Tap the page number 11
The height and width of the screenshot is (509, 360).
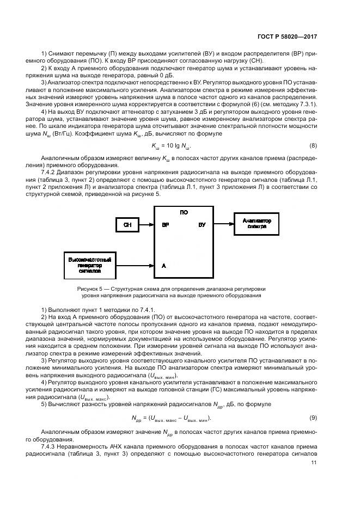[313, 463]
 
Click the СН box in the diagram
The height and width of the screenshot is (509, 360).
[127, 224]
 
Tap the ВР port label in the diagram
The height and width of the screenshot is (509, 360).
[164, 224]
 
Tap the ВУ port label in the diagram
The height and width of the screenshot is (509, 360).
[202, 224]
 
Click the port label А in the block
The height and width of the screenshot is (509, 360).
[163, 266]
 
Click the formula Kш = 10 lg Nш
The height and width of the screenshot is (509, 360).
[171, 146]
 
